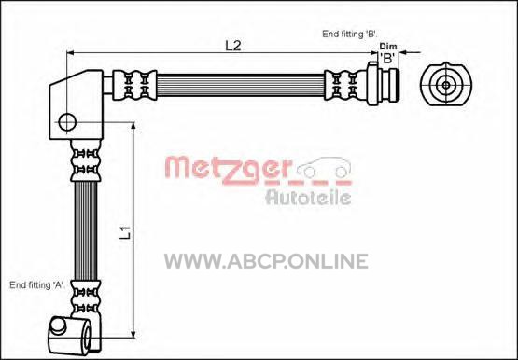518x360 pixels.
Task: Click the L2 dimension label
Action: click(x=233, y=46)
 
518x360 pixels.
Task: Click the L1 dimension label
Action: click(x=126, y=232)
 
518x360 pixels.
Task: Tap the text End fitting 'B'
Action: click(x=349, y=34)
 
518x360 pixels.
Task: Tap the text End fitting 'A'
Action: click(x=37, y=285)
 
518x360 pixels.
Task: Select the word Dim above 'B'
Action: click(x=388, y=47)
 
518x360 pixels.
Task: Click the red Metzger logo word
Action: click(x=229, y=171)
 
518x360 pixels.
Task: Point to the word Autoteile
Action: click(x=308, y=197)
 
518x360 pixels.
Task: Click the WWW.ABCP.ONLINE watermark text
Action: click(x=266, y=261)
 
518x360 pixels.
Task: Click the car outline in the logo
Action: click(x=324, y=168)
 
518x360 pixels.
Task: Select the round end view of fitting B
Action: click(x=446, y=84)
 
